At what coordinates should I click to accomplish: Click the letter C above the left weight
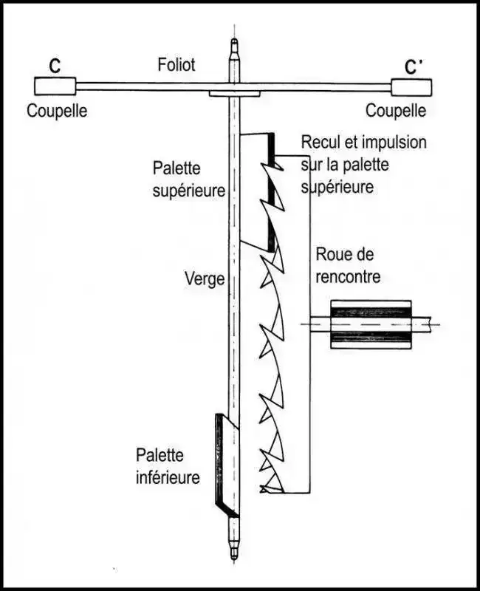click(x=55, y=65)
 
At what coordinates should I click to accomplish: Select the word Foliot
click(x=176, y=65)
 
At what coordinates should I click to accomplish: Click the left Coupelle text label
click(x=57, y=112)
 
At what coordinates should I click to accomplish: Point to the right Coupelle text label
click(x=397, y=112)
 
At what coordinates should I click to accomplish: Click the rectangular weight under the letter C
click(x=54, y=86)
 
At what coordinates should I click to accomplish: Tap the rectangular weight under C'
click(x=411, y=87)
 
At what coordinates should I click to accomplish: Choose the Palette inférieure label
click(x=168, y=466)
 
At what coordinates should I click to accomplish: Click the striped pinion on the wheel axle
click(x=370, y=323)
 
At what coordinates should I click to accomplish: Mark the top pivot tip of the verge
click(x=234, y=44)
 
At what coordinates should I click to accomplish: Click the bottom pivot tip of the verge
click(x=233, y=553)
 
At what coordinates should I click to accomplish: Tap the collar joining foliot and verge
click(x=234, y=94)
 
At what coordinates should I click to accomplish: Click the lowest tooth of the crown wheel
click(x=270, y=484)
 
